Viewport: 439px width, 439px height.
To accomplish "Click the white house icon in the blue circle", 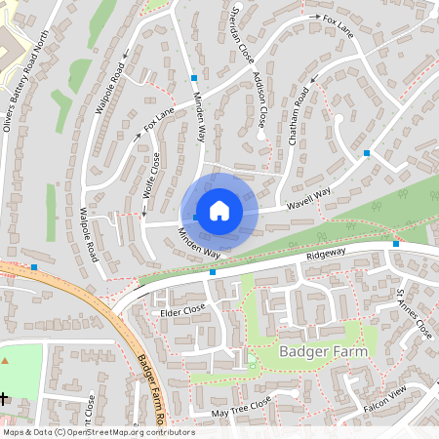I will pyautogui.click(x=219, y=210).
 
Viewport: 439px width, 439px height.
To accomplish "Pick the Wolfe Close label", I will pyautogui.click(x=150, y=176).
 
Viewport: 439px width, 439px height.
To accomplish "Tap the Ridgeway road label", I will pyautogui.click(x=326, y=252).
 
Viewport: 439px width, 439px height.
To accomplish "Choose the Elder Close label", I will pyautogui.click(x=182, y=309).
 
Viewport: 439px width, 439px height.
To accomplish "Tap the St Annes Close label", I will pyautogui.click(x=414, y=313).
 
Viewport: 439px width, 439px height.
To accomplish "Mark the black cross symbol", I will pyautogui.click(x=5, y=398).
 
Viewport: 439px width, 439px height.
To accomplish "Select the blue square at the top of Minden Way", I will pyautogui.click(x=194, y=76).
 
